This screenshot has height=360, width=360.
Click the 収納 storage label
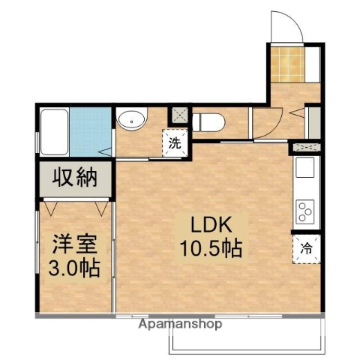click(x=75, y=178)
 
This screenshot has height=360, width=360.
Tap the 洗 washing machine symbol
click(x=175, y=144)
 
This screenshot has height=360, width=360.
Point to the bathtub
click(x=55, y=131)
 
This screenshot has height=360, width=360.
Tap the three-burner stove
click(x=306, y=210)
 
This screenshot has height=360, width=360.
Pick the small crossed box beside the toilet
click(x=178, y=116)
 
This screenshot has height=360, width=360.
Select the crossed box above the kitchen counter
click(x=307, y=146)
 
